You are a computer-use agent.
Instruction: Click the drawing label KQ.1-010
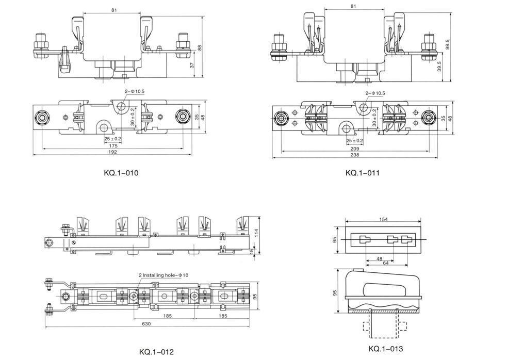[x=121, y=173]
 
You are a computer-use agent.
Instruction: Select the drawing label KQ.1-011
[x=362, y=173]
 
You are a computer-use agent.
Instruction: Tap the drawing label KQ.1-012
[x=156, y=352]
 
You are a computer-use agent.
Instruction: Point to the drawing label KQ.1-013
[x=386, y=349]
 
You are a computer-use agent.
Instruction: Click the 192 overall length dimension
[x=113, y=152]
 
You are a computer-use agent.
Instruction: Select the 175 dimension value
[x=113, y=146]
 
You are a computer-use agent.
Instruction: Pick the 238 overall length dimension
[x=355, y=155]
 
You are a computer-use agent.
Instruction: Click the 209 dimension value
[x=355, y=149]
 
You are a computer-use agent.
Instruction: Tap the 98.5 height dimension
[x=448, y=44]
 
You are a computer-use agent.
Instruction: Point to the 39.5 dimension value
[x=439, y=66]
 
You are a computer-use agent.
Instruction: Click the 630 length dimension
[x=146, y=323]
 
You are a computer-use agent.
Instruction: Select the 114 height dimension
[x=256, y=233]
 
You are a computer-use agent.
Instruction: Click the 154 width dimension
[x=384, y=219]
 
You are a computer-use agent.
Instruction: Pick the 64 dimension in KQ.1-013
[x=386, y=263]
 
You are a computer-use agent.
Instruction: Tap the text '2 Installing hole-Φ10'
[x=164, y=275]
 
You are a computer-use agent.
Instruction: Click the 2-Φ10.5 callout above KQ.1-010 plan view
[x=135, y=91]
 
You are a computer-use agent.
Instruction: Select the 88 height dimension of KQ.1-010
[x=200, y=48]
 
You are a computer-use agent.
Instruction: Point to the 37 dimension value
[x=192, y=65]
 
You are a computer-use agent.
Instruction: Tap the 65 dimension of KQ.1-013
[x=335, y=239]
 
